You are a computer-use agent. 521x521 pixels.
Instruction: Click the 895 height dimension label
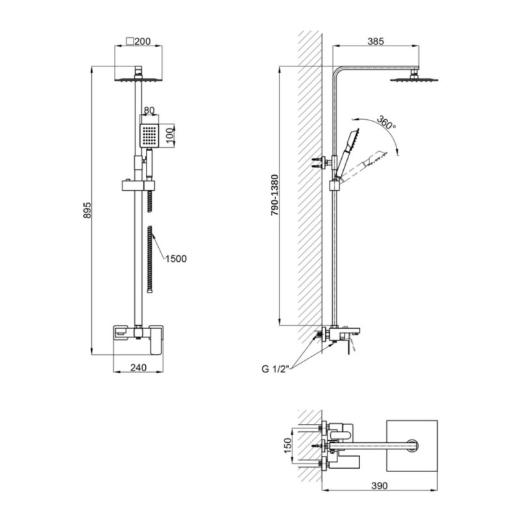coord(87,210)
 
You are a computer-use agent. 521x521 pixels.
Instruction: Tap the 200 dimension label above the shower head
coord(142,42)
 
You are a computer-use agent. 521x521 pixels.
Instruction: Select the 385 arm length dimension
coord(376,41)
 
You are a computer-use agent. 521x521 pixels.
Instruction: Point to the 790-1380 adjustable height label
coord(275,196)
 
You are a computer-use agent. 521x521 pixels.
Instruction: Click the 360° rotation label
coord(386,122)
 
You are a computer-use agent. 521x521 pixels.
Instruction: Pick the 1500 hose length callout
coord(176,259)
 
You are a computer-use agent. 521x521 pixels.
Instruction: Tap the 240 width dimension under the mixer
coord(138,367)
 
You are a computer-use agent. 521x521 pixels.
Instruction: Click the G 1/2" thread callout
coord(275,369)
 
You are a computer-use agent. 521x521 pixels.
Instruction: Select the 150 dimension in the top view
coord(288,445)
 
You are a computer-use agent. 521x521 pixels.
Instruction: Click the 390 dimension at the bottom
coord(379,485)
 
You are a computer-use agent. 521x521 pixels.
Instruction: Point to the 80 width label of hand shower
coord(149,110)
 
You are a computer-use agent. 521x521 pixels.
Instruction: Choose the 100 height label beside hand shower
coord(170,135)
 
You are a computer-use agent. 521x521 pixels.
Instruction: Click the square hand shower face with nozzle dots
coord(149,136)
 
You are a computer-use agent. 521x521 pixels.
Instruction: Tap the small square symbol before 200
coord(130,41)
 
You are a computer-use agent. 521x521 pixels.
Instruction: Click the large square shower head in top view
coord(412,445)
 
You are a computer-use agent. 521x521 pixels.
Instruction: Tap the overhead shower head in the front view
coord(139,79)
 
